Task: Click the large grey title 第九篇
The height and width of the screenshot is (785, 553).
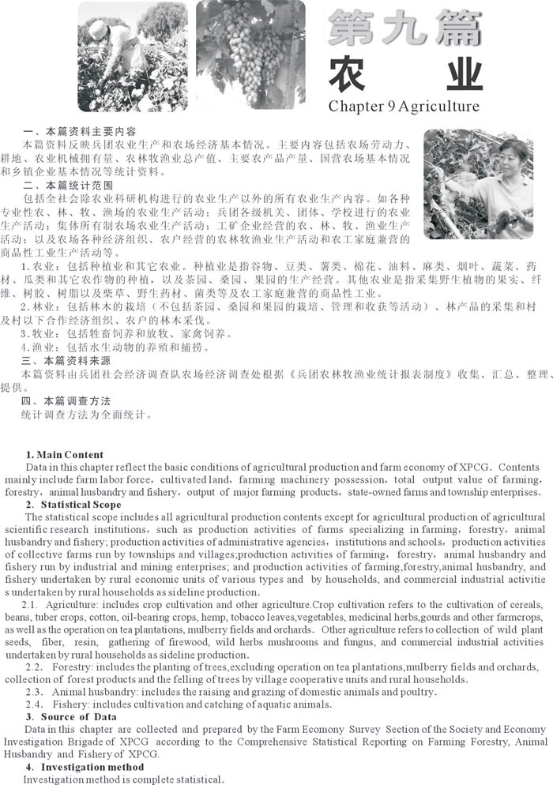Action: [403, 31]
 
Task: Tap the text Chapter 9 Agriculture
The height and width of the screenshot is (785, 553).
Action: [404, 106]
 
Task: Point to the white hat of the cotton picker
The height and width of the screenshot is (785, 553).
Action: [99, 29]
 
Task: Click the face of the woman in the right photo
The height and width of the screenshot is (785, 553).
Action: [512, 153]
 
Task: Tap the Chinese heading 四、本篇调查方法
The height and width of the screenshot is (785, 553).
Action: [67, 401]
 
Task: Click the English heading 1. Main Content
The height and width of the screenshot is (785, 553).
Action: [65, 455]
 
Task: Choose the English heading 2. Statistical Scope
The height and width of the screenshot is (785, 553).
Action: [73, 505]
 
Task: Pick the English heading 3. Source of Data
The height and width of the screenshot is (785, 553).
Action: [71, 717]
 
